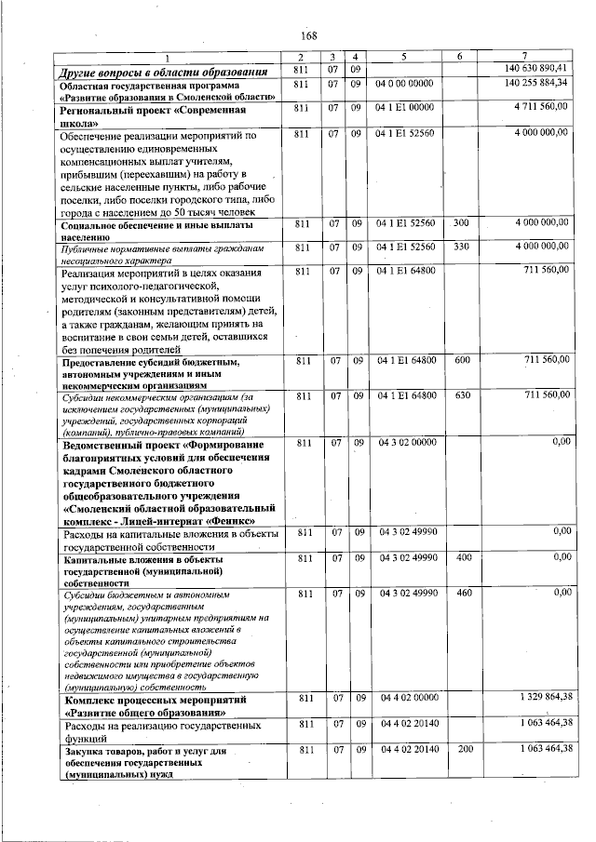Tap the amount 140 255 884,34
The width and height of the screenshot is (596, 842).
(535, 84)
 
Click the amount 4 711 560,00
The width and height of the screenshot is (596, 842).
(540, 108)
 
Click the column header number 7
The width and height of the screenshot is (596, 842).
(526, 58)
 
